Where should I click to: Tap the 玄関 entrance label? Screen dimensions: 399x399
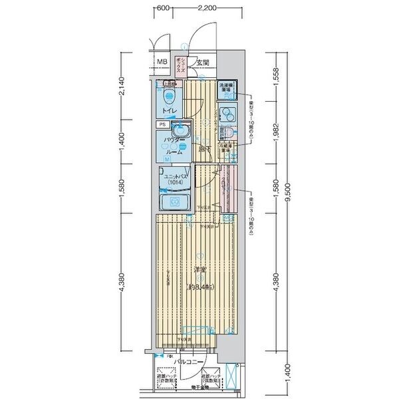tap(203, 63)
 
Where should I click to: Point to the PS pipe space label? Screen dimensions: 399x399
tap(162, 124)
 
